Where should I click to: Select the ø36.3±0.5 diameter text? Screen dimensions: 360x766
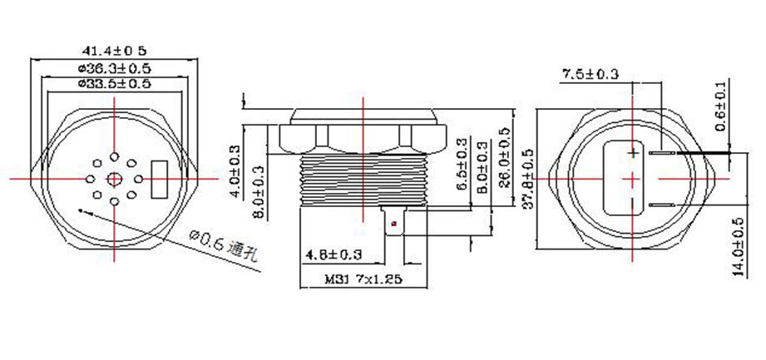114,67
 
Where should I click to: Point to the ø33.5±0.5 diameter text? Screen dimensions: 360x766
114,83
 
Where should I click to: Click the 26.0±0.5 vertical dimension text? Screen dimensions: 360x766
502,159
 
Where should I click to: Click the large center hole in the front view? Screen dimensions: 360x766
114,178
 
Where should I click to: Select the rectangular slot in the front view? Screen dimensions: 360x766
161,178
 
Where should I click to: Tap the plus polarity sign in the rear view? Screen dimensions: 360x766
634,153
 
